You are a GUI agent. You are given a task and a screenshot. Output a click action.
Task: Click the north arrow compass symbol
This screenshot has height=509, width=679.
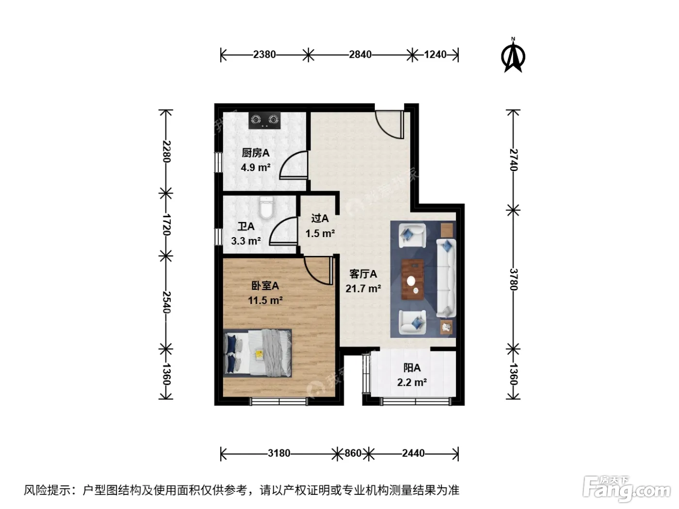(513, 56)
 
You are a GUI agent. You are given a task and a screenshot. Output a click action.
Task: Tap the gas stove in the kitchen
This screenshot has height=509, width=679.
(264, 120)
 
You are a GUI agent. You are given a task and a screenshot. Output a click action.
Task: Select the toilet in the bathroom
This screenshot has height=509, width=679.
(267, 207)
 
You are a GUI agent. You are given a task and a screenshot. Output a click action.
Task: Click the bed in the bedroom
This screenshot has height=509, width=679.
(258, 353)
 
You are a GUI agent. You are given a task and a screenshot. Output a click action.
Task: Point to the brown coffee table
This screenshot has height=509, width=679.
(413, 279)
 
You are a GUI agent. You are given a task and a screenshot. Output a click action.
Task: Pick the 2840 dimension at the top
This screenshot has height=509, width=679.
(360, 55)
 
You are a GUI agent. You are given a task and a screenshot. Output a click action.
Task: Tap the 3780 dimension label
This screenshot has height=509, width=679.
(513, 279)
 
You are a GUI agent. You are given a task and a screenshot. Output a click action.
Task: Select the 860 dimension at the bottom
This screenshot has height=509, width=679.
(353, 453)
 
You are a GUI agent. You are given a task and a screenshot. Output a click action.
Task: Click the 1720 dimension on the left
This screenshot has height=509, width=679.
(166, 224)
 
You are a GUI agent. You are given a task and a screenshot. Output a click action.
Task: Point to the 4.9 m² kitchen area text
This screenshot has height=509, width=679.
(256, 168)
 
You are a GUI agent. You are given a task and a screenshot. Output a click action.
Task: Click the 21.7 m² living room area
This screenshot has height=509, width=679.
(363, 288)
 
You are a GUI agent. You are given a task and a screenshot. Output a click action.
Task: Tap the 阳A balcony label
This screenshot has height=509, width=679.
(412, 368)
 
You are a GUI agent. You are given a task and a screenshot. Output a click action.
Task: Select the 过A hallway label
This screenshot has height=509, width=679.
(320, 219)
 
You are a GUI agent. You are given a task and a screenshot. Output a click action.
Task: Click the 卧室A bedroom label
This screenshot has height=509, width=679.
(265, 286)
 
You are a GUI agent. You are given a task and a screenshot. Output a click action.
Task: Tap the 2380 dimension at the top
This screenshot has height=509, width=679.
(264, 55)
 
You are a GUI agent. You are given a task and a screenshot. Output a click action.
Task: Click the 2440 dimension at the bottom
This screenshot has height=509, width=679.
(413, 453)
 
